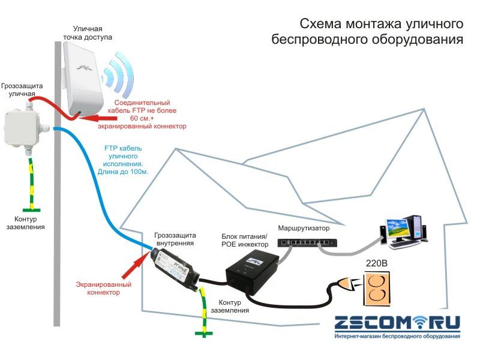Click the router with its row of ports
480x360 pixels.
click(x=306, y=242)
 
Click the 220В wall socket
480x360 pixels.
click(x=382, y=290)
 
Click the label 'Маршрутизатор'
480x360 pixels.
click(x=304, y=229)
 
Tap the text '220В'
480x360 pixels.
click(x=382, y=262)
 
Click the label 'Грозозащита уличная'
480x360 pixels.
click(x=22, y=91)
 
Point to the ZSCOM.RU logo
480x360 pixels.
click(x=397, y=324)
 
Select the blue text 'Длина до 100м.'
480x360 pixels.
click(x=123, y=172)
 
